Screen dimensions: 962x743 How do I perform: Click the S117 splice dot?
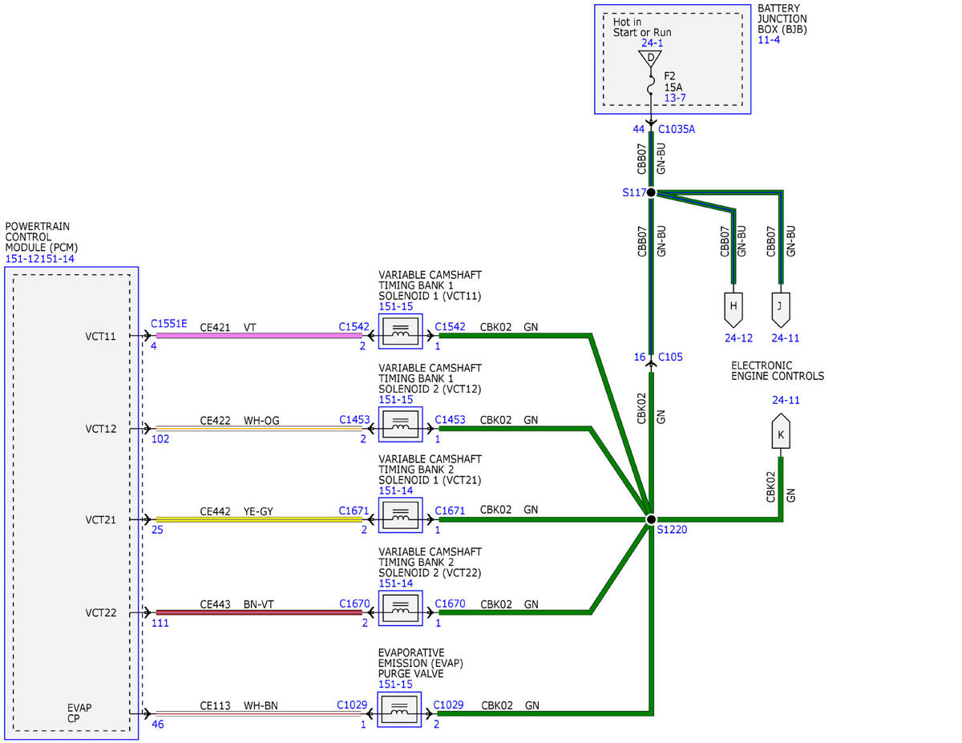(x=651, y=192)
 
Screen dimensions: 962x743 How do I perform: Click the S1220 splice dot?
(x=651, y=519)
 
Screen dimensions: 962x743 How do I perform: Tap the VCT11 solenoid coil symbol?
(x=400, y=332)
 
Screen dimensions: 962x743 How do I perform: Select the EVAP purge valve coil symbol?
(x=399, y=709)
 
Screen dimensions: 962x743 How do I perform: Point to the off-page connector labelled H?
(x=733, y=309)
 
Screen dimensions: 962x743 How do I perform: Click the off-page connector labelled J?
(x=781, y=309)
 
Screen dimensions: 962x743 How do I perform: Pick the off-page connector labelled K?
(x=781, y=431)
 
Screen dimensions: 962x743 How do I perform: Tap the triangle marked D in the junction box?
(x=650, y=59)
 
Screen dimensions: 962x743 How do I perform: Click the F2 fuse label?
(x=669, y=76)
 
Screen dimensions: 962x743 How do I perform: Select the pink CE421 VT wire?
(x=259, y=336)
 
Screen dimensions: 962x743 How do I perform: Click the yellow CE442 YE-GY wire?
(x=259, y=519)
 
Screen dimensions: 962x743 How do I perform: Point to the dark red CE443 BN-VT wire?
(x=259, y=612)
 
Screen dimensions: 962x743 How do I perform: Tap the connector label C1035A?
(x=677, y=129)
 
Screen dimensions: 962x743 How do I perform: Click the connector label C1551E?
(x=168, y=324)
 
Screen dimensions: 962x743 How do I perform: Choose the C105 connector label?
(x=670, y=357)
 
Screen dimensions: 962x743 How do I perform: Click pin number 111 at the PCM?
(x=160, y=623)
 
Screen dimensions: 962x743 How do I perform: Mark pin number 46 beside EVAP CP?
(x=158, y=725)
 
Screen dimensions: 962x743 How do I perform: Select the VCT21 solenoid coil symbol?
(x=400, y=515)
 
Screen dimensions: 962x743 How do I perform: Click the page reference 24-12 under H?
(x=738, y=338)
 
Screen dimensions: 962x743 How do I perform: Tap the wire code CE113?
(x=215, y=705)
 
